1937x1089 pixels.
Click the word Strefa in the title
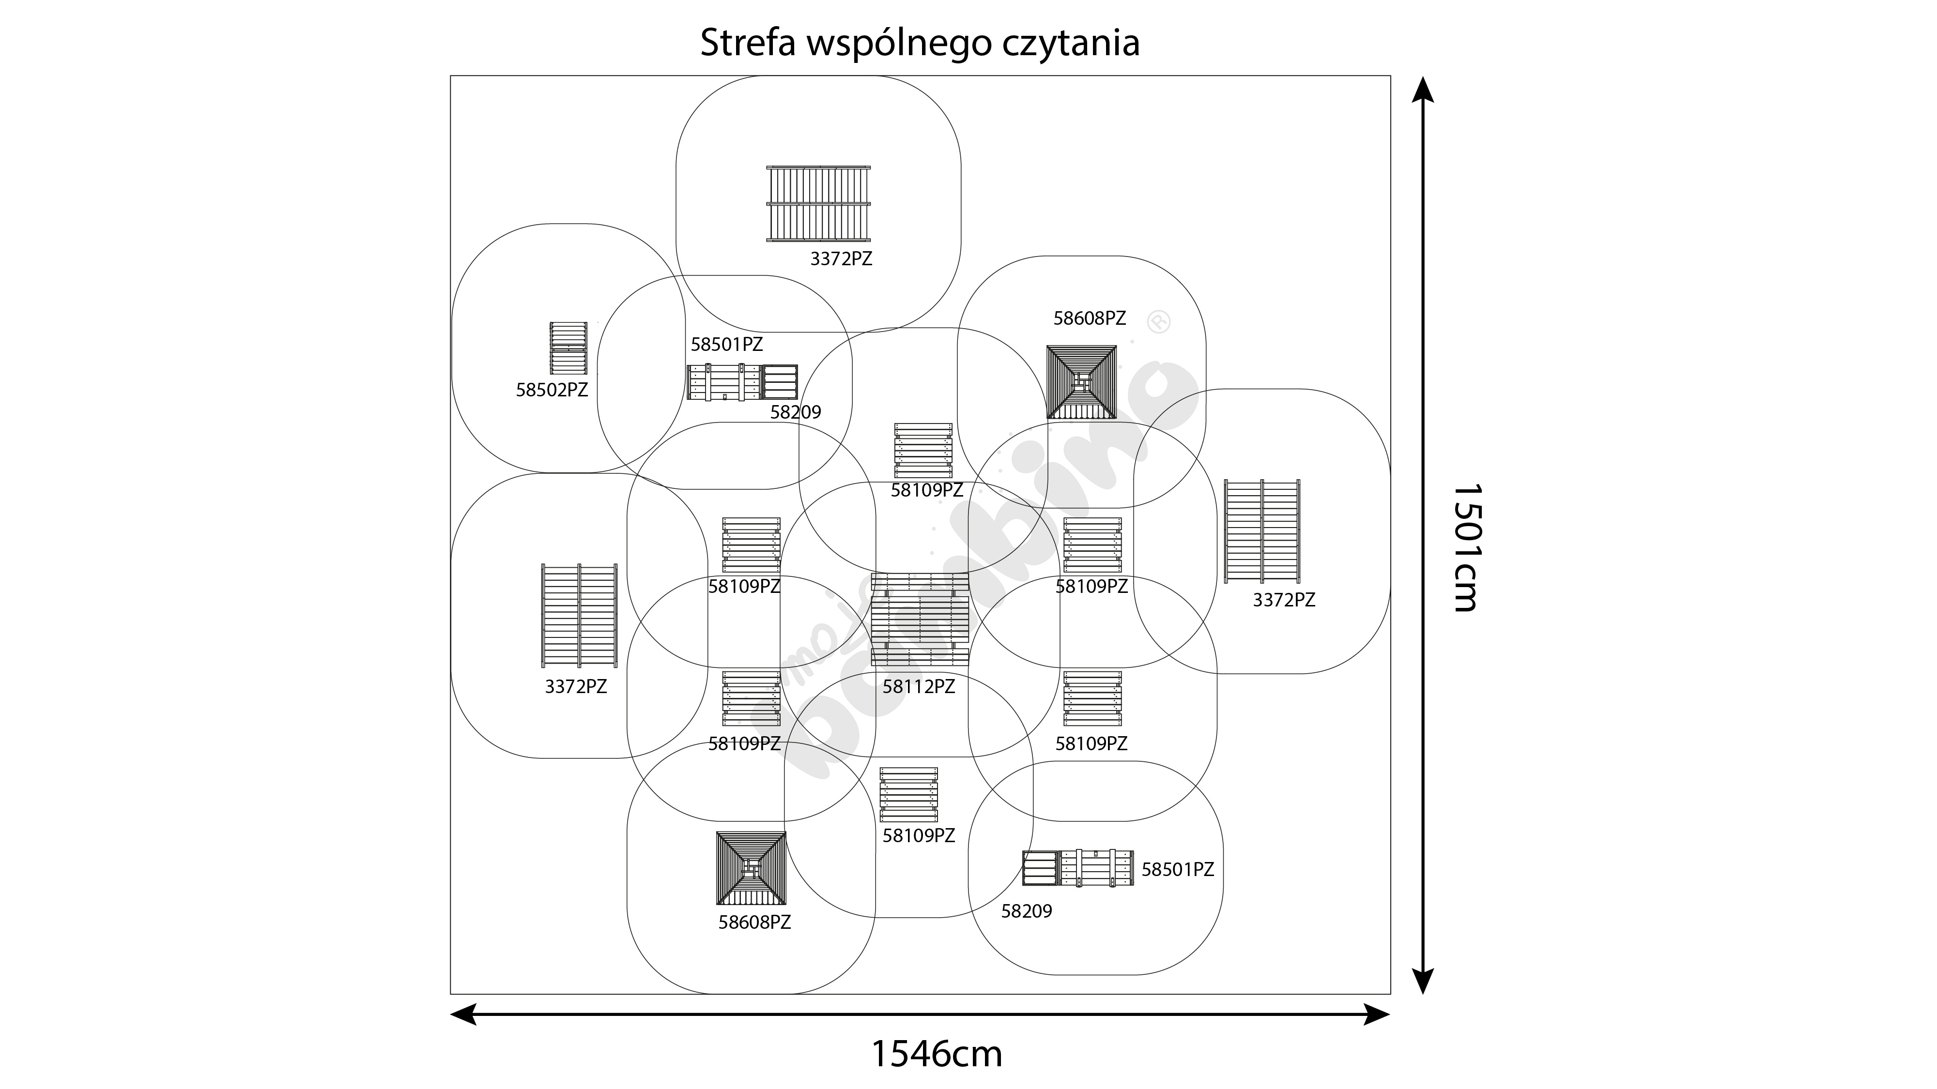[x=748, y=44]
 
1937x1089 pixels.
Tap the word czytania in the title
[x=1071, y=44]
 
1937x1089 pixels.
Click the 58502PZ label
[x=552, y=390]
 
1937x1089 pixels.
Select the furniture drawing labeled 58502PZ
[x=569, y=348]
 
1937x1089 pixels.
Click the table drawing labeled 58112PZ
[x=920, y=620]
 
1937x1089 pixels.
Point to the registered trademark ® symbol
[x=1159, y=322]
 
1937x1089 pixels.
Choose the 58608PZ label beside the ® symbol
[x=1090, y=318]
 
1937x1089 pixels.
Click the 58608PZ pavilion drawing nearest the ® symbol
[x=1081, y=382]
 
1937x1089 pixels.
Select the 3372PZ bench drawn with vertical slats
[x=818, y=204]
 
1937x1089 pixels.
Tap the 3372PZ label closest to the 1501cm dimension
[x=1284, y=600]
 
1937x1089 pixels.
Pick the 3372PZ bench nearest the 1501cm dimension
[x=1262, y=530]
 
